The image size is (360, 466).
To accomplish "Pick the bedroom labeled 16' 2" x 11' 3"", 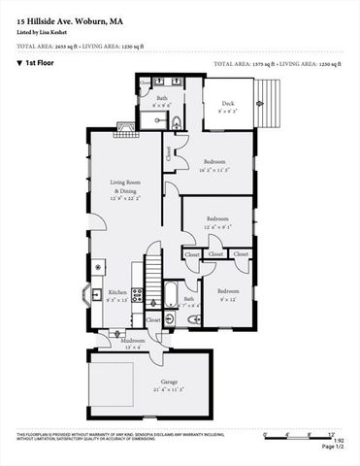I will [x=214, y=164].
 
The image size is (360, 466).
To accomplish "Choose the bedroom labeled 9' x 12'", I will [x=226, y=295].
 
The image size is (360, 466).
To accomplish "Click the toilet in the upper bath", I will [x=177, y=121].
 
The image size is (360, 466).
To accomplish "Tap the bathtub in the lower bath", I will [x=171, y=293].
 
